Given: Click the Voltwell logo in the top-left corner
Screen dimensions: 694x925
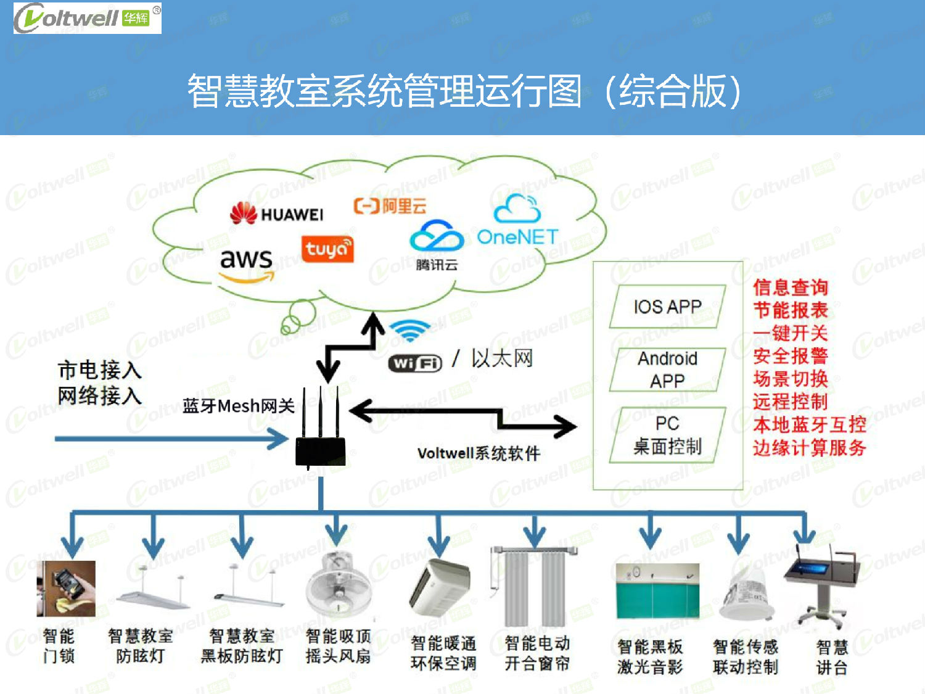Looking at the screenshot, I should coord(87,18).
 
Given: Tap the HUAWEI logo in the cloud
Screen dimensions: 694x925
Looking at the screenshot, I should coord(276,213).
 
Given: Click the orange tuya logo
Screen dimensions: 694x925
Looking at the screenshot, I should coord(327,249).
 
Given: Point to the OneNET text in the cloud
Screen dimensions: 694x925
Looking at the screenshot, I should coord(517,237).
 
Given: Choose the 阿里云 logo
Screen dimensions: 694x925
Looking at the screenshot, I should coord(390,205).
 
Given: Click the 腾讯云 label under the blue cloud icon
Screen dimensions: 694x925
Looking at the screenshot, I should coord(437,265).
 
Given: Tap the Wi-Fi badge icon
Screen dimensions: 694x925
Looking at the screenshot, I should coord(415,363).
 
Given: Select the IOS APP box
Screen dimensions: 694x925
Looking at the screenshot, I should coord(667,307).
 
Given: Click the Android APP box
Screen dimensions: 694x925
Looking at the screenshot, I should coord(667,370).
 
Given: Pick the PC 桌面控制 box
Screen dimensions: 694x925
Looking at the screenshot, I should coord(667,435).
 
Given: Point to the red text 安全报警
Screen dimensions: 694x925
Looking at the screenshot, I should coord(790,356).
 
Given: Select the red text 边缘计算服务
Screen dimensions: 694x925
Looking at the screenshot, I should coord(809,447).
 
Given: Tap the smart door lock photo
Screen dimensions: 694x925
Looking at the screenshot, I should coord(66,589).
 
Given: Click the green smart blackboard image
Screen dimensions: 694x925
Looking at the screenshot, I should coord(657,592).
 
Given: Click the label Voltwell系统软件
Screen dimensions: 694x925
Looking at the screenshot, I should coord(479,453).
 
